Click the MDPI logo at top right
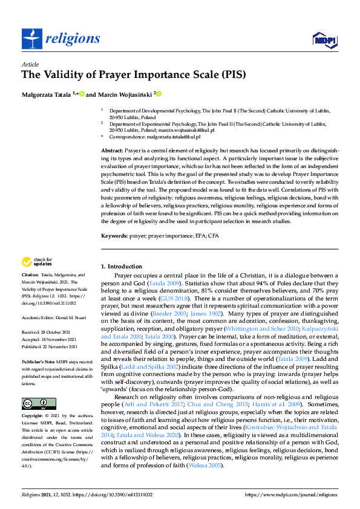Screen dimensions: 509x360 click(x=323, y=40)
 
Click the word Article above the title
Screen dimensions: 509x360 click(x=30, y=64)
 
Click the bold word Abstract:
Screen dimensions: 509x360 click(x=113, y=149)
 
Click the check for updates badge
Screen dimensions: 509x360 click(x=36, y=262)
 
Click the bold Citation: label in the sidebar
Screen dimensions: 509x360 click(x=31, y=274)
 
